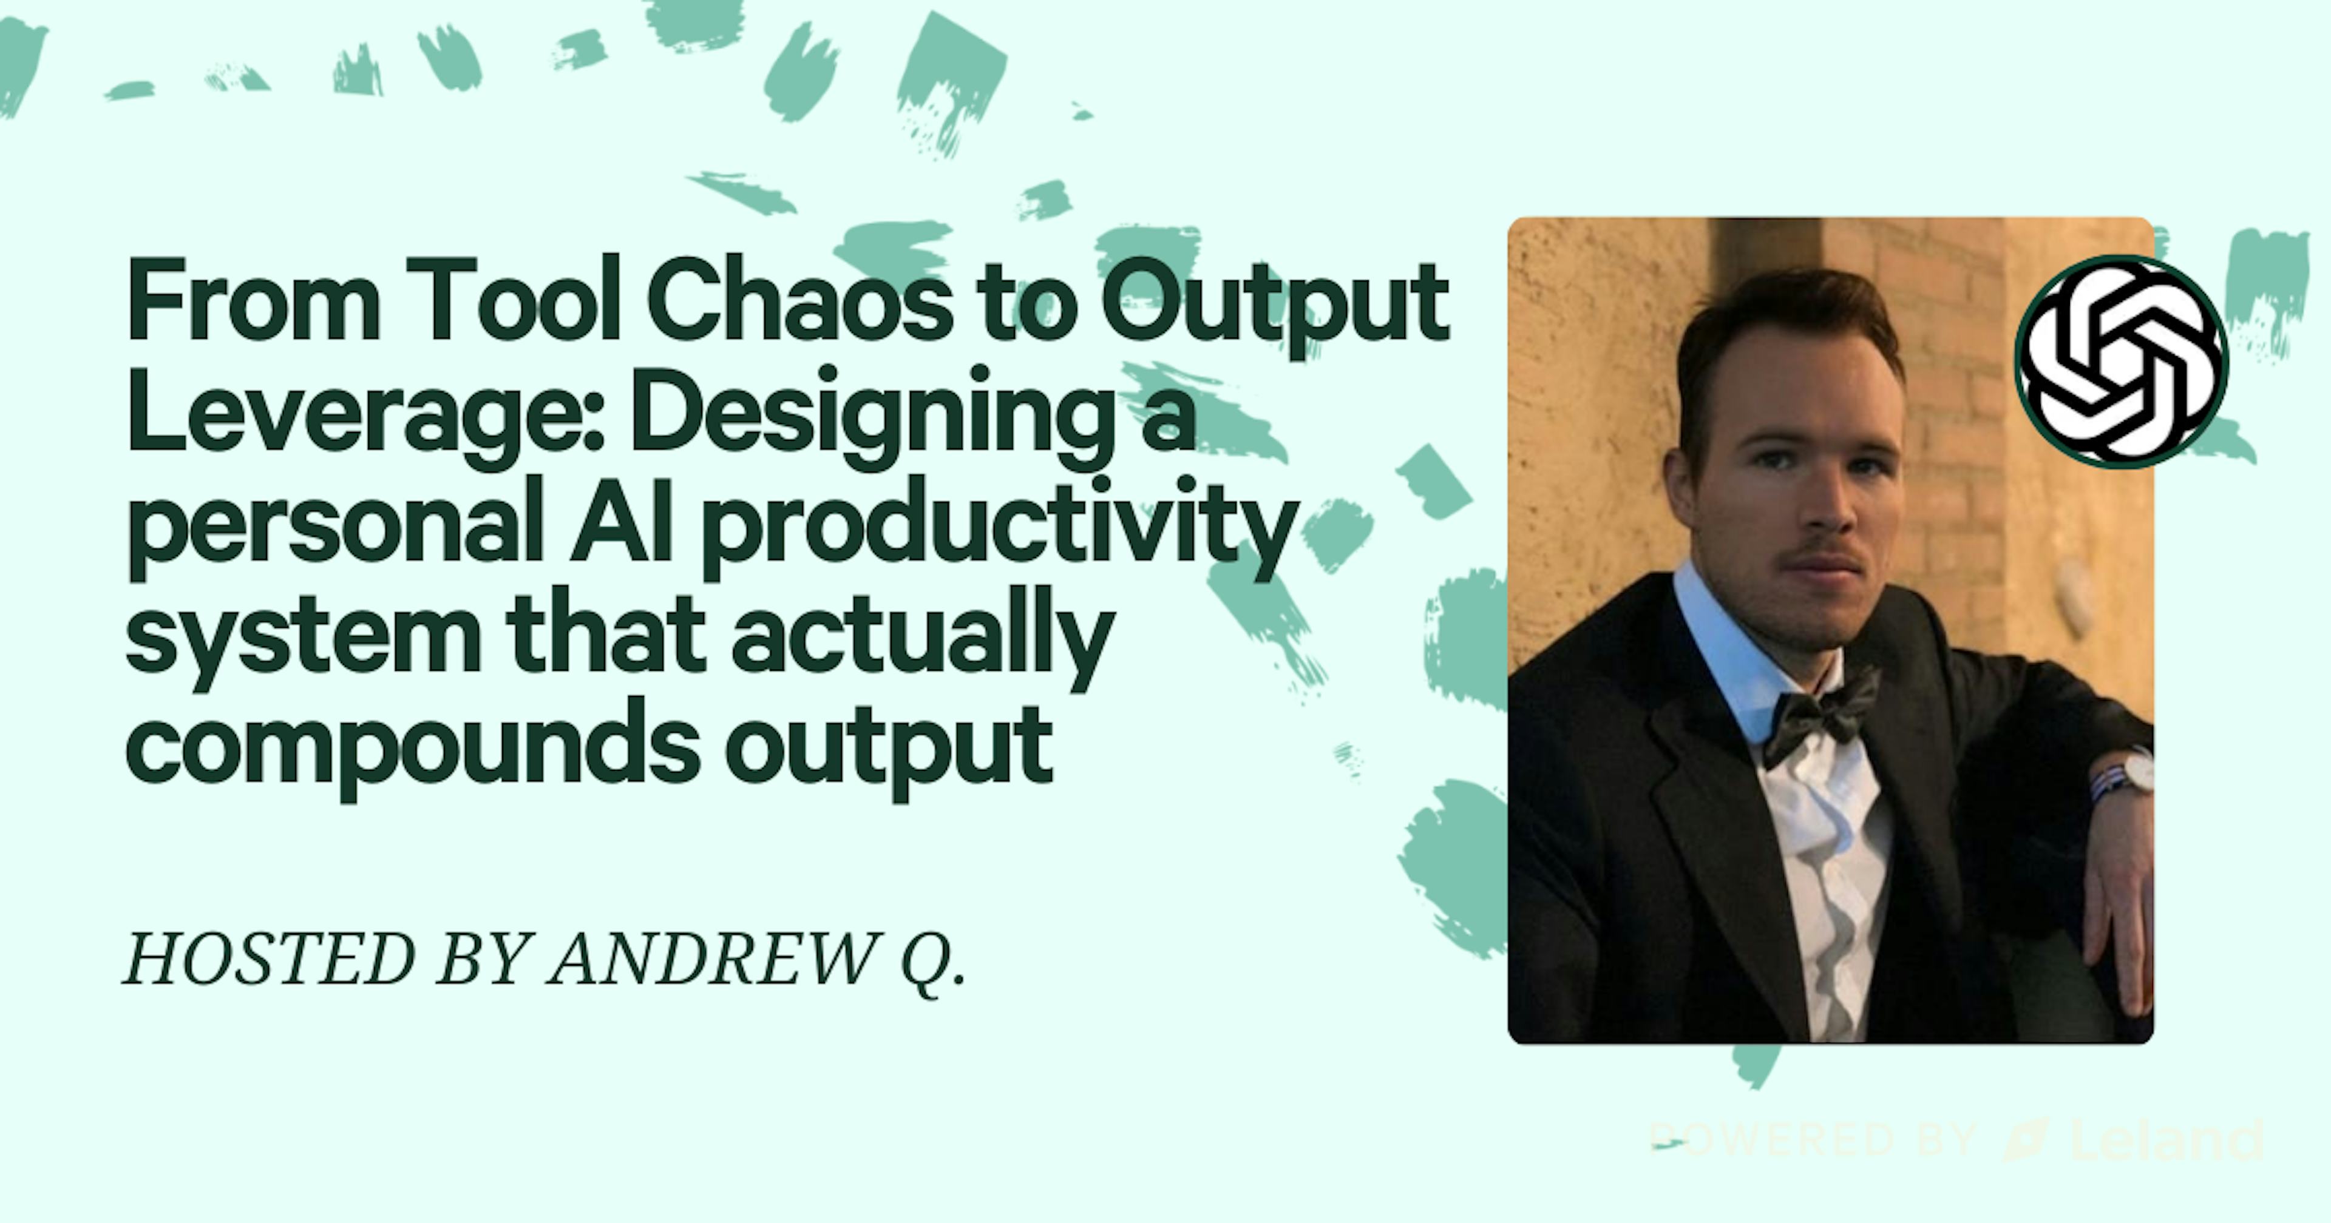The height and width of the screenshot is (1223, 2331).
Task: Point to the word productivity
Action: coord(996,529)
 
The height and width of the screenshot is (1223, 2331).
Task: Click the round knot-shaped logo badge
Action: coord(2121,362)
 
